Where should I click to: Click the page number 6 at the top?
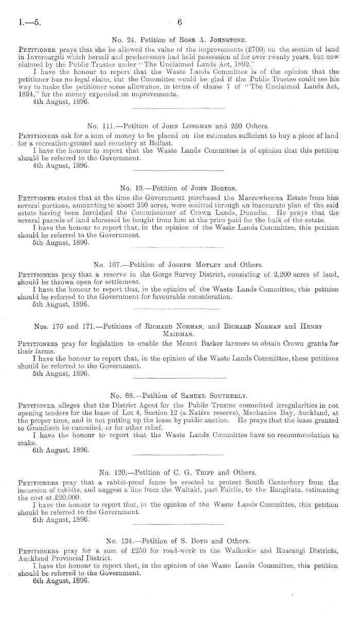click(180, 23)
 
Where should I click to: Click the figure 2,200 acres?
click(264, 274)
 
